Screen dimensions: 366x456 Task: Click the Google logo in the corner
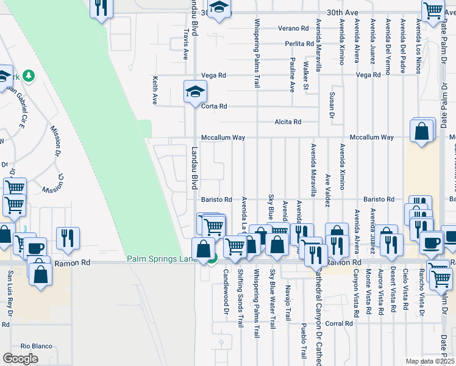[20, 358]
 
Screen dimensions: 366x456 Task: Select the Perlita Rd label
[299, 44]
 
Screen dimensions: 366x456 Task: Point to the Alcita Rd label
[288, 122]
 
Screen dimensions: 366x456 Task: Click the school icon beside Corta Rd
[196, 92]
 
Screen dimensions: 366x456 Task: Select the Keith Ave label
[155, 88]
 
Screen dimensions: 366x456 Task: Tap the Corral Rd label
[339, 323]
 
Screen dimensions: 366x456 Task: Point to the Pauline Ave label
[292, 75]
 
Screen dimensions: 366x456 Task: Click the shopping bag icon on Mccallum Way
[422, 131]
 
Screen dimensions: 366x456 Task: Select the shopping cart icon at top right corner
[433, 10]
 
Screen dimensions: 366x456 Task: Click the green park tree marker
[29, 76]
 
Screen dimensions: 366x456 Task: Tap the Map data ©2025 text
[430, 361]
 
